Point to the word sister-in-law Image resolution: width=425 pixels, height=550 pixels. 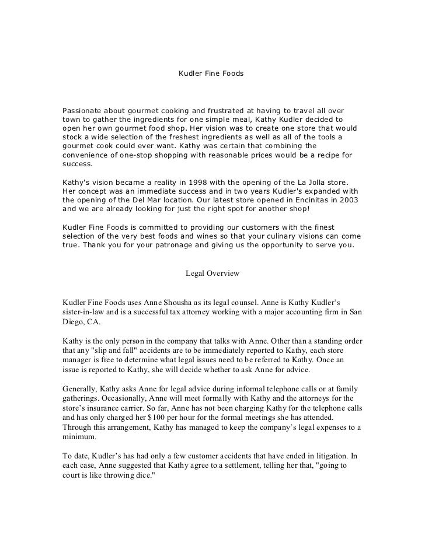point(88,312)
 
